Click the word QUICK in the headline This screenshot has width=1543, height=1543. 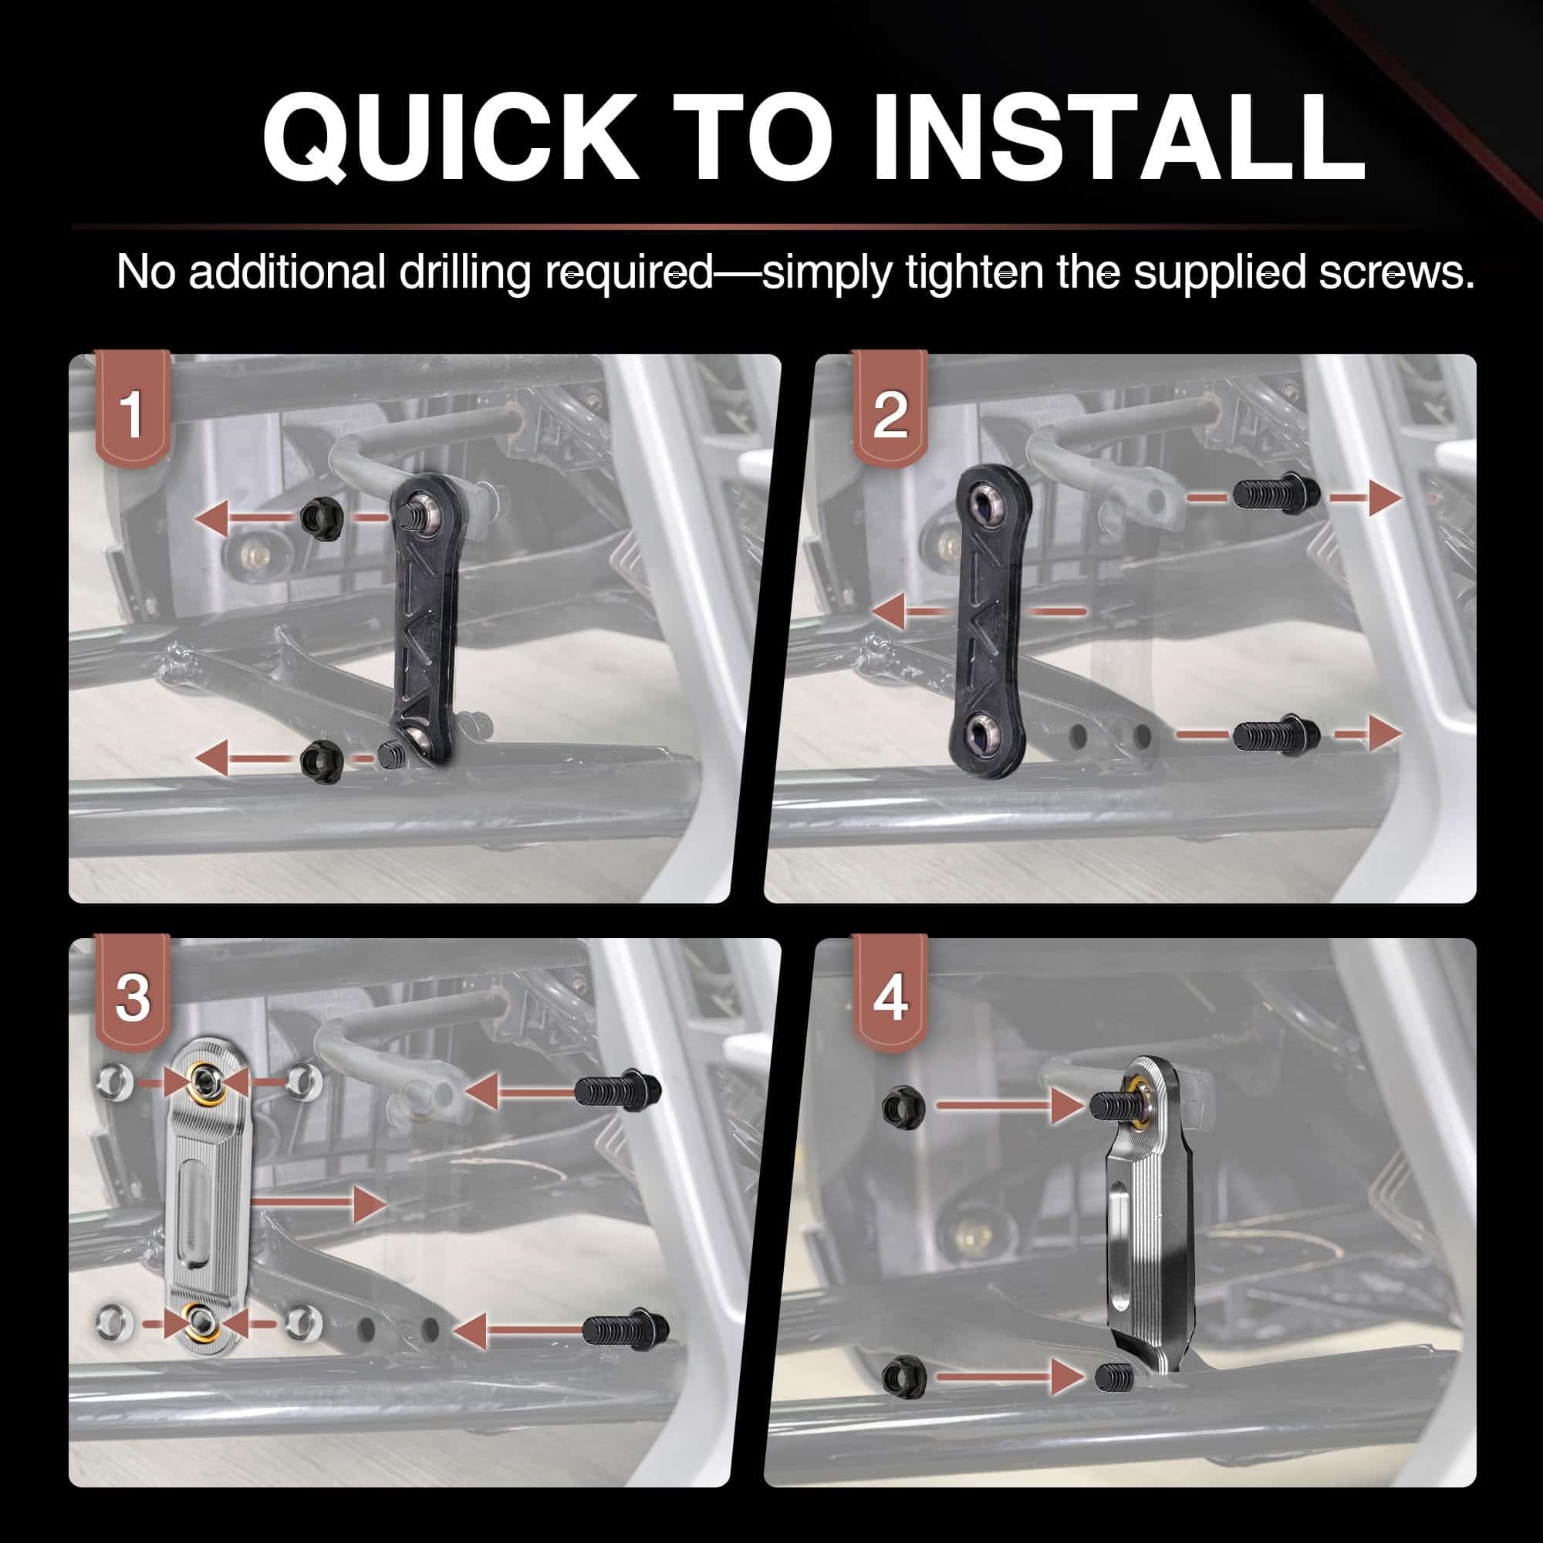point(451,137)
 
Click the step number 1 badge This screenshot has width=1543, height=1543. point(132,408)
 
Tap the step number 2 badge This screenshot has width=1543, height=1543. point(890,408)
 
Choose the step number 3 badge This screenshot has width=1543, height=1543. point(132,993)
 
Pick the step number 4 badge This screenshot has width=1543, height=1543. point(890,993)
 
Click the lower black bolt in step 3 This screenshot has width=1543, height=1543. point(626,1329)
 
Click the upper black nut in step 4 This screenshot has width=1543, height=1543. point(904,1106)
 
